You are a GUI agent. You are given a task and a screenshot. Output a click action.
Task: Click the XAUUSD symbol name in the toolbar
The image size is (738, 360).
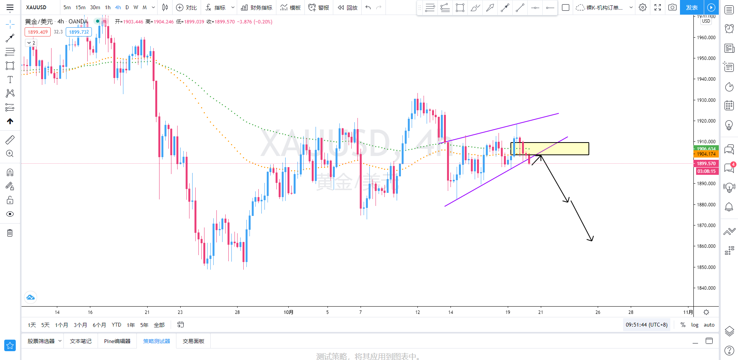click(x=36, y=7)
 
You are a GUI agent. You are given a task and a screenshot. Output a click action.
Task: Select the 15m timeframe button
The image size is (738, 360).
click(x=80, y=7)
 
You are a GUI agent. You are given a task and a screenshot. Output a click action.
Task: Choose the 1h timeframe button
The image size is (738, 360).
click(x=108, y=7)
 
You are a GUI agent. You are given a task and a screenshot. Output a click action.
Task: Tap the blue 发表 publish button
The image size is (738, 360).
click(x=691, y=7)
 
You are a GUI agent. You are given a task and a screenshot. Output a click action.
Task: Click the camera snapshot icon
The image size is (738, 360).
click(x=672, y=7)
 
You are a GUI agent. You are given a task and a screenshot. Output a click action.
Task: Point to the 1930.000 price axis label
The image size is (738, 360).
click(x=706, y=100)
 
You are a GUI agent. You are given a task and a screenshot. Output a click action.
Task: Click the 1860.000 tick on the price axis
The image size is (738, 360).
click(x=706, y=246)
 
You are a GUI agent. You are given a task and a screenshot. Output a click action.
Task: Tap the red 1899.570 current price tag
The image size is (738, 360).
click(x=706, y=163)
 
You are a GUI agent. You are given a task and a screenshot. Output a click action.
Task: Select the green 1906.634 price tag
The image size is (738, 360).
click(x=706, y=149)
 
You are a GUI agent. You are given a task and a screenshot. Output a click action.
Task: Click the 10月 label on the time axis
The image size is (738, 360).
click(x=288, y=312)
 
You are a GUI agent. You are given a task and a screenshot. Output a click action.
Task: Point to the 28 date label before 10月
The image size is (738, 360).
click(x=237, y=312)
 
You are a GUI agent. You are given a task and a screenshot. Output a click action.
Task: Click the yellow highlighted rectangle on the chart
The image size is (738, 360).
click(x=557, y=149)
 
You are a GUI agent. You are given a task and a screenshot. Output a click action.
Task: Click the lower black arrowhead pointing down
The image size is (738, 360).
click(x=590, y=239)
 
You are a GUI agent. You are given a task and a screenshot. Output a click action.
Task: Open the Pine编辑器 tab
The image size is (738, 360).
click(x=117, y=341)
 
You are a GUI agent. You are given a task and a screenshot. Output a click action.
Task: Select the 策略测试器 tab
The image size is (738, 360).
click(x=156, y=341)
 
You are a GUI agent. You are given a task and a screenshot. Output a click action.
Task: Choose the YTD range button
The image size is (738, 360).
click(x=116, y=325)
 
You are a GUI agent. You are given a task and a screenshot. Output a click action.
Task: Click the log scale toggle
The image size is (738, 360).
click(x=695, y=325)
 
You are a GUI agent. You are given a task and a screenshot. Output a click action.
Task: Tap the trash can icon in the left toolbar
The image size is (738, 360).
click(x=10, y=233)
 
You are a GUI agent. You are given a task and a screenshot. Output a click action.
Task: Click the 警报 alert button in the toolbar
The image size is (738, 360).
click(x=319, y=7)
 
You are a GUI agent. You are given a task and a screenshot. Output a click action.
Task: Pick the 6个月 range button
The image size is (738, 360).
click(x=99, y=325)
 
